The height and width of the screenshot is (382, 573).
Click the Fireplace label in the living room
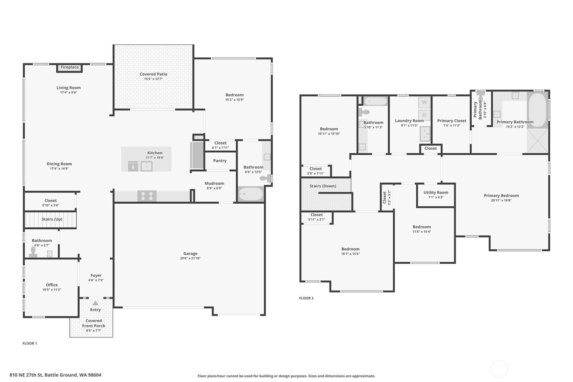70,67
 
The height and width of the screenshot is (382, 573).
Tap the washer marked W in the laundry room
424,102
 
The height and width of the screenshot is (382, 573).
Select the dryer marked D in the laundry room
424,115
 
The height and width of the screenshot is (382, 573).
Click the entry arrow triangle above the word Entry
96,303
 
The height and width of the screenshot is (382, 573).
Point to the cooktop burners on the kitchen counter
147,196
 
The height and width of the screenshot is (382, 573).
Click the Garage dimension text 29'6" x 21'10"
190,258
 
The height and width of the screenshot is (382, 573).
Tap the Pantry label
220,161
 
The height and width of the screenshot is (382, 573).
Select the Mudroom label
214,183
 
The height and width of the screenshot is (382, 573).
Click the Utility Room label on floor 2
436,193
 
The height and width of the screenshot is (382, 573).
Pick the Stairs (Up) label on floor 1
52,219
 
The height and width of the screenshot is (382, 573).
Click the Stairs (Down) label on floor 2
323,186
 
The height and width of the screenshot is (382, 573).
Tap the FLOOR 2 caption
306,298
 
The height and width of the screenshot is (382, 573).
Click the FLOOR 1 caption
30,343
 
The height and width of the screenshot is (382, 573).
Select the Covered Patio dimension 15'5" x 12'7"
153,79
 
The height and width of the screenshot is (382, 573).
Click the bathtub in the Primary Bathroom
538,109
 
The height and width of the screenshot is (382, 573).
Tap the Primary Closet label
452,121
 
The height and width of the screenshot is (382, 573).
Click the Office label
52,285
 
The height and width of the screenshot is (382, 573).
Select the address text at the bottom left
55,375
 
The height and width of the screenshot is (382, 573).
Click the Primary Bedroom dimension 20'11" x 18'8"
501,200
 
